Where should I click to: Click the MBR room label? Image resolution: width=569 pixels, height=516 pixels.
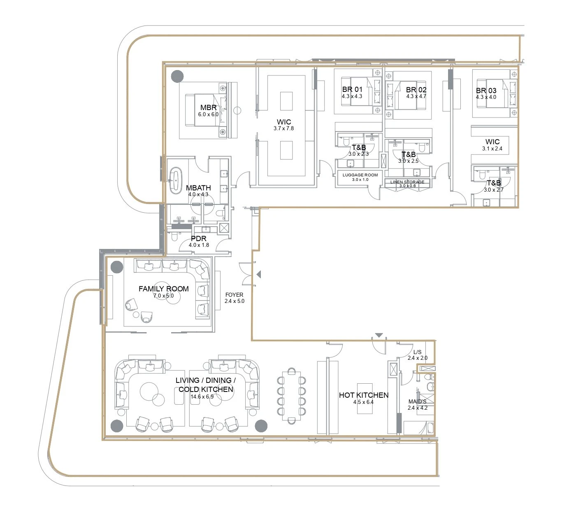209,108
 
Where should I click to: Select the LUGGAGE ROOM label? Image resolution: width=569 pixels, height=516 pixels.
360,175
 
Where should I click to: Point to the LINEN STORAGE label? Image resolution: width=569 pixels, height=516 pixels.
407,182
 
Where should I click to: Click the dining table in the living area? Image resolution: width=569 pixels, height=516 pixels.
291,396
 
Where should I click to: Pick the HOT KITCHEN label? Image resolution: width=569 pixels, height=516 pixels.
364,395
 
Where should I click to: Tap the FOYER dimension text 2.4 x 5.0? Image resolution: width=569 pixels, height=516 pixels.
234,301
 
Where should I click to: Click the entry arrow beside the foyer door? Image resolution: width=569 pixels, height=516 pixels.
258,274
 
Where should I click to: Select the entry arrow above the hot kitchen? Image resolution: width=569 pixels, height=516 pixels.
379,335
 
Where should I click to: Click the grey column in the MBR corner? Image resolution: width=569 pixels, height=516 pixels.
177,76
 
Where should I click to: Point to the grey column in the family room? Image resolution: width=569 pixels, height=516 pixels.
116,267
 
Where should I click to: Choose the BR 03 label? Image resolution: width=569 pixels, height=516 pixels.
486,91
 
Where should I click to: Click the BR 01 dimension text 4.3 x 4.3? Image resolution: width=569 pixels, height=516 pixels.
352,96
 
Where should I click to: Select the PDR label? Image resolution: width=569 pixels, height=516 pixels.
199,239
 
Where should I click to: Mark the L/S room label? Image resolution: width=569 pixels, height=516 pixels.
417,352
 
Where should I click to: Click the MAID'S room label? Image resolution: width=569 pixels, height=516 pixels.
417,401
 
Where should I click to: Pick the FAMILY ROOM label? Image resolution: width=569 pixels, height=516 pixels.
164,288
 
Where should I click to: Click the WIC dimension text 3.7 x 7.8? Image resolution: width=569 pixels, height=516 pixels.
283,129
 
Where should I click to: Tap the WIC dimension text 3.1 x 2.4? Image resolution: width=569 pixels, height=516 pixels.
492,149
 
